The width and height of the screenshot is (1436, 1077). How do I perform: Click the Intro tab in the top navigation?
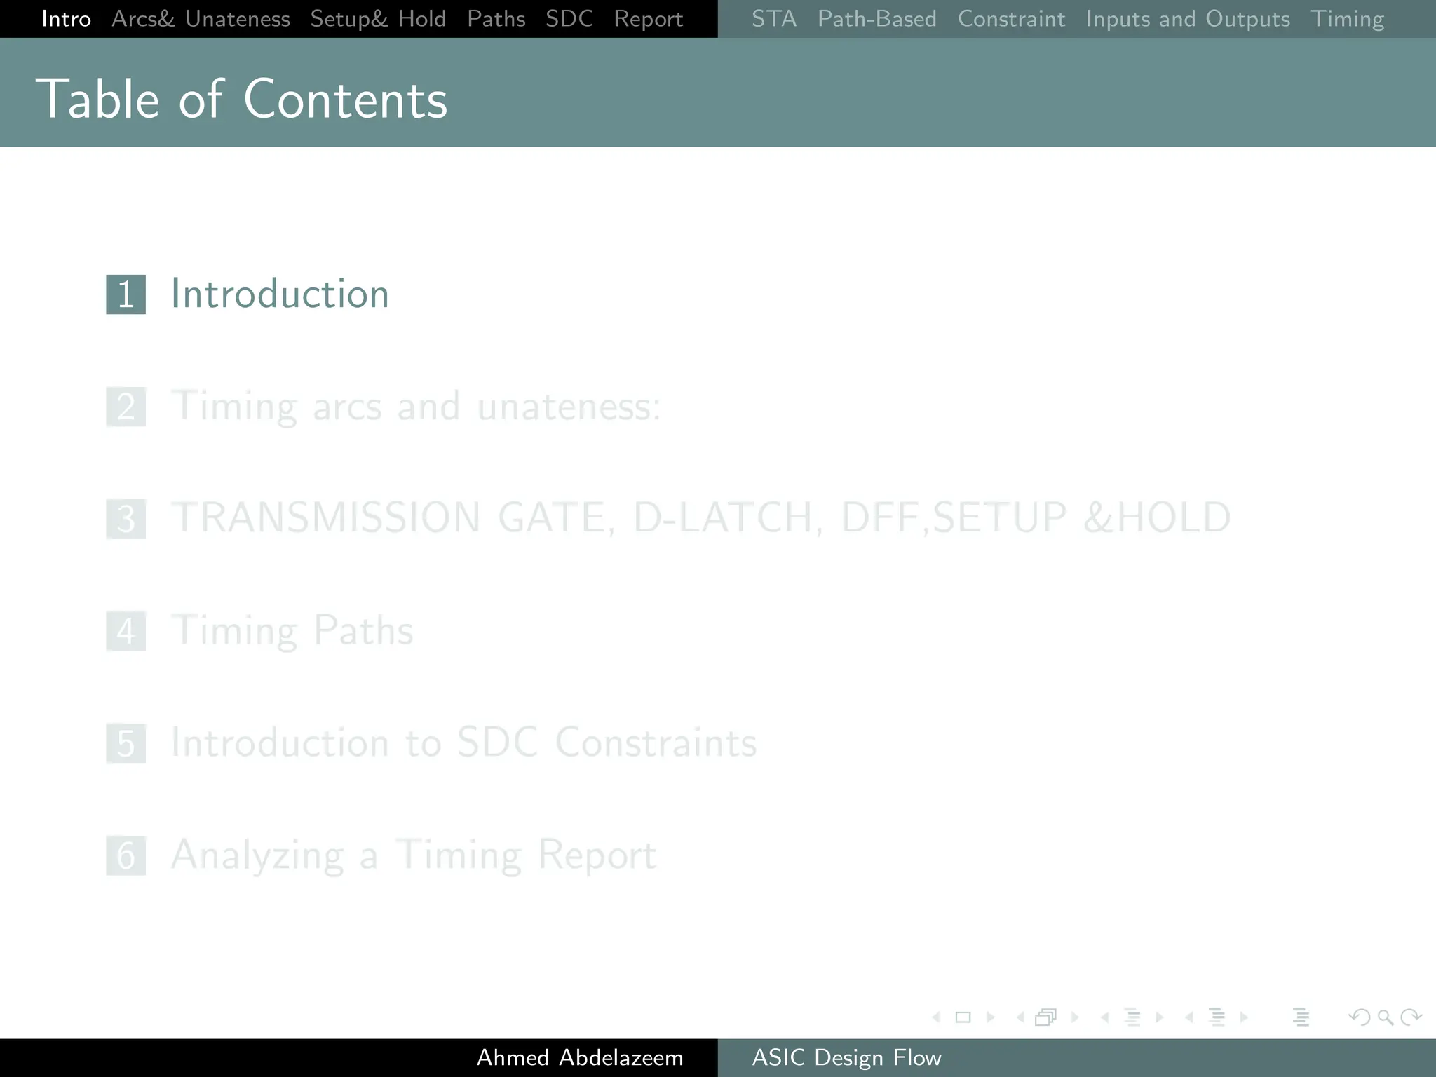click(x=66, y=19)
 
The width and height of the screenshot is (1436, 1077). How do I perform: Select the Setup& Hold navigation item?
click(x=378, y=19)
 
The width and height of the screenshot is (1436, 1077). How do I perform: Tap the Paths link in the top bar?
click(x=496, y=19)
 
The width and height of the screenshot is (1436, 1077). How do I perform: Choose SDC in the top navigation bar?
click(x=569, y=19)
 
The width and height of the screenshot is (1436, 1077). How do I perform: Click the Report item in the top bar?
click(x=648, y=19)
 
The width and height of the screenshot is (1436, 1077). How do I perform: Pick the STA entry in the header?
click(x=774, y=19)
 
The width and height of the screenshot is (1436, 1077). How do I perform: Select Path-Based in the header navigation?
click(x=876, y=19)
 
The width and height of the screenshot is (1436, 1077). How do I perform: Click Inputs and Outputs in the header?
click(x=1188, y=19)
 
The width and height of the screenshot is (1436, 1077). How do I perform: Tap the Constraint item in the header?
click(x=1011, y=19)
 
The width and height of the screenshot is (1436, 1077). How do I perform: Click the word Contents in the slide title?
click(x=345, y=100)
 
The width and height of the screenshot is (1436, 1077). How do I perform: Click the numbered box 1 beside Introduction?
click(x=126, y=294)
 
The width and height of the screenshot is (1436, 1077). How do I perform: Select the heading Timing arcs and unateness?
click(x=415, y=407)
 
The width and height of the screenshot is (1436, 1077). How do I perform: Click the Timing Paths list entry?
click(x=292, y=630)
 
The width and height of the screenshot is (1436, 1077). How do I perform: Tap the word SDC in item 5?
click(x=497, y=743)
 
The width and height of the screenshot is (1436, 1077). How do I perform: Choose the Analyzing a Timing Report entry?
click(x=414, y=855)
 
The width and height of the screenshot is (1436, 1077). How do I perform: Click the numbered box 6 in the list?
click(x=126, y=855)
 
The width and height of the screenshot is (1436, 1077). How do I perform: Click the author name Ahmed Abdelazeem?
click(x=580, y=1057)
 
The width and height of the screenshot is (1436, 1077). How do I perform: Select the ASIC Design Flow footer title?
click(x=846, y=1057)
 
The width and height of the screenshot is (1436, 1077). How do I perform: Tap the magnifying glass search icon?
click(x=1385, y=1017)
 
